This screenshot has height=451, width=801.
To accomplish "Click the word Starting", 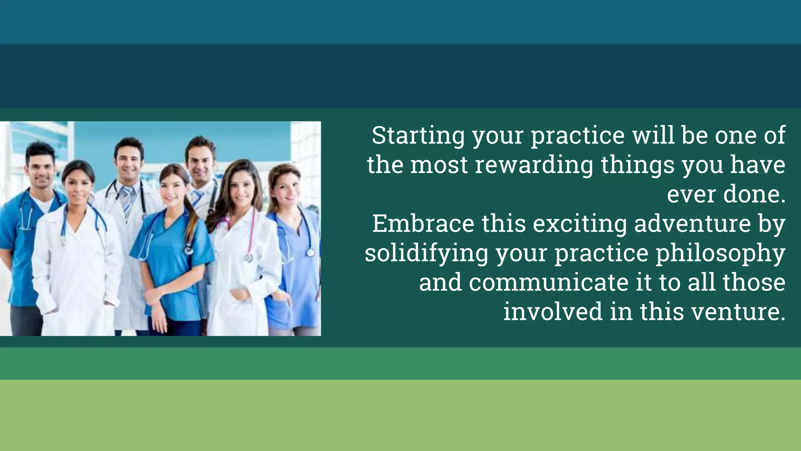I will coord(418,136).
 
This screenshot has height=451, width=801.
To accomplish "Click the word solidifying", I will coord(426,254).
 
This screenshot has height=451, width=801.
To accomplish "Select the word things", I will coord(638,165).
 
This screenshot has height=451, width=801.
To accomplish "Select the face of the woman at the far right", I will coord(287,190).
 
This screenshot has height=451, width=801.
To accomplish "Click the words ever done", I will coord(726,195).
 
